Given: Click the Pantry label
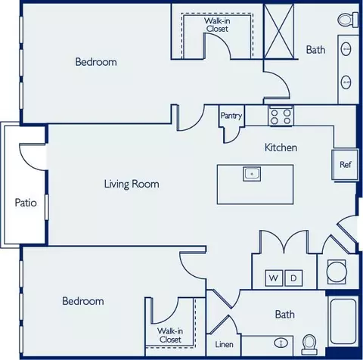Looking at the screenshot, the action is pos(231,116).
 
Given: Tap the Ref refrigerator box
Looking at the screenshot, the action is pos(345,165).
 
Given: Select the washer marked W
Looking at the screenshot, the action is pos(274,278).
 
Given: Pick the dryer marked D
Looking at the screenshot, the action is pos(293,278).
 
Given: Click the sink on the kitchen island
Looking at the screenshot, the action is pos(252,174).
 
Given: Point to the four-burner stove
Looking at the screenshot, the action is pos(281,116).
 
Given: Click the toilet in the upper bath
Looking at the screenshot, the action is pos(348,19).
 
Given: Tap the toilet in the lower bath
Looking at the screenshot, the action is pos(309,345).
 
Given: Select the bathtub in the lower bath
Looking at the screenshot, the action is pos(343,321).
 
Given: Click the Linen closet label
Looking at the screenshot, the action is pos(224,344).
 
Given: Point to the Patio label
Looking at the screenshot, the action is pos(26,203).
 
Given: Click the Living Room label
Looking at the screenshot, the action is pos(132,184).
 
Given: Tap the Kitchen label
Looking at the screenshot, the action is pos(281,147).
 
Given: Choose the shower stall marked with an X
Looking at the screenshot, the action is pos(279,32).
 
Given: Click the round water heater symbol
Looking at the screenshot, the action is pos(337,272).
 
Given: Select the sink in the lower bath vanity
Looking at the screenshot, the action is pos(281,343).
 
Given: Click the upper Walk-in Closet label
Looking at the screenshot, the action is pos(217,25).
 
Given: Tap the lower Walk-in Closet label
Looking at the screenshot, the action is pos(170,335).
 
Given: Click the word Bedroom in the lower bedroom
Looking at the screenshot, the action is pos(83,301).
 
